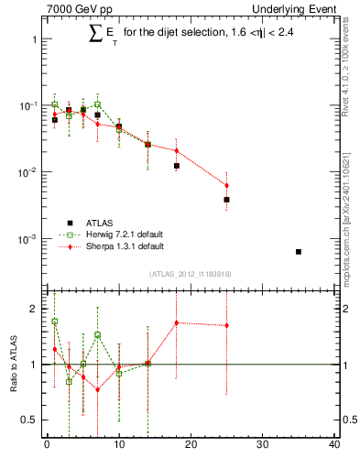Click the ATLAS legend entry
pos(101,222)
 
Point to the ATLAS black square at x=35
pos(299,251)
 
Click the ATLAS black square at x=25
pos(226,199)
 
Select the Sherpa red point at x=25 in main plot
pos(226,185)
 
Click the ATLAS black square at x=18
pos(176,166)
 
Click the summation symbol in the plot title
pos(94,34)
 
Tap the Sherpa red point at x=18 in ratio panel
pos(176,322)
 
